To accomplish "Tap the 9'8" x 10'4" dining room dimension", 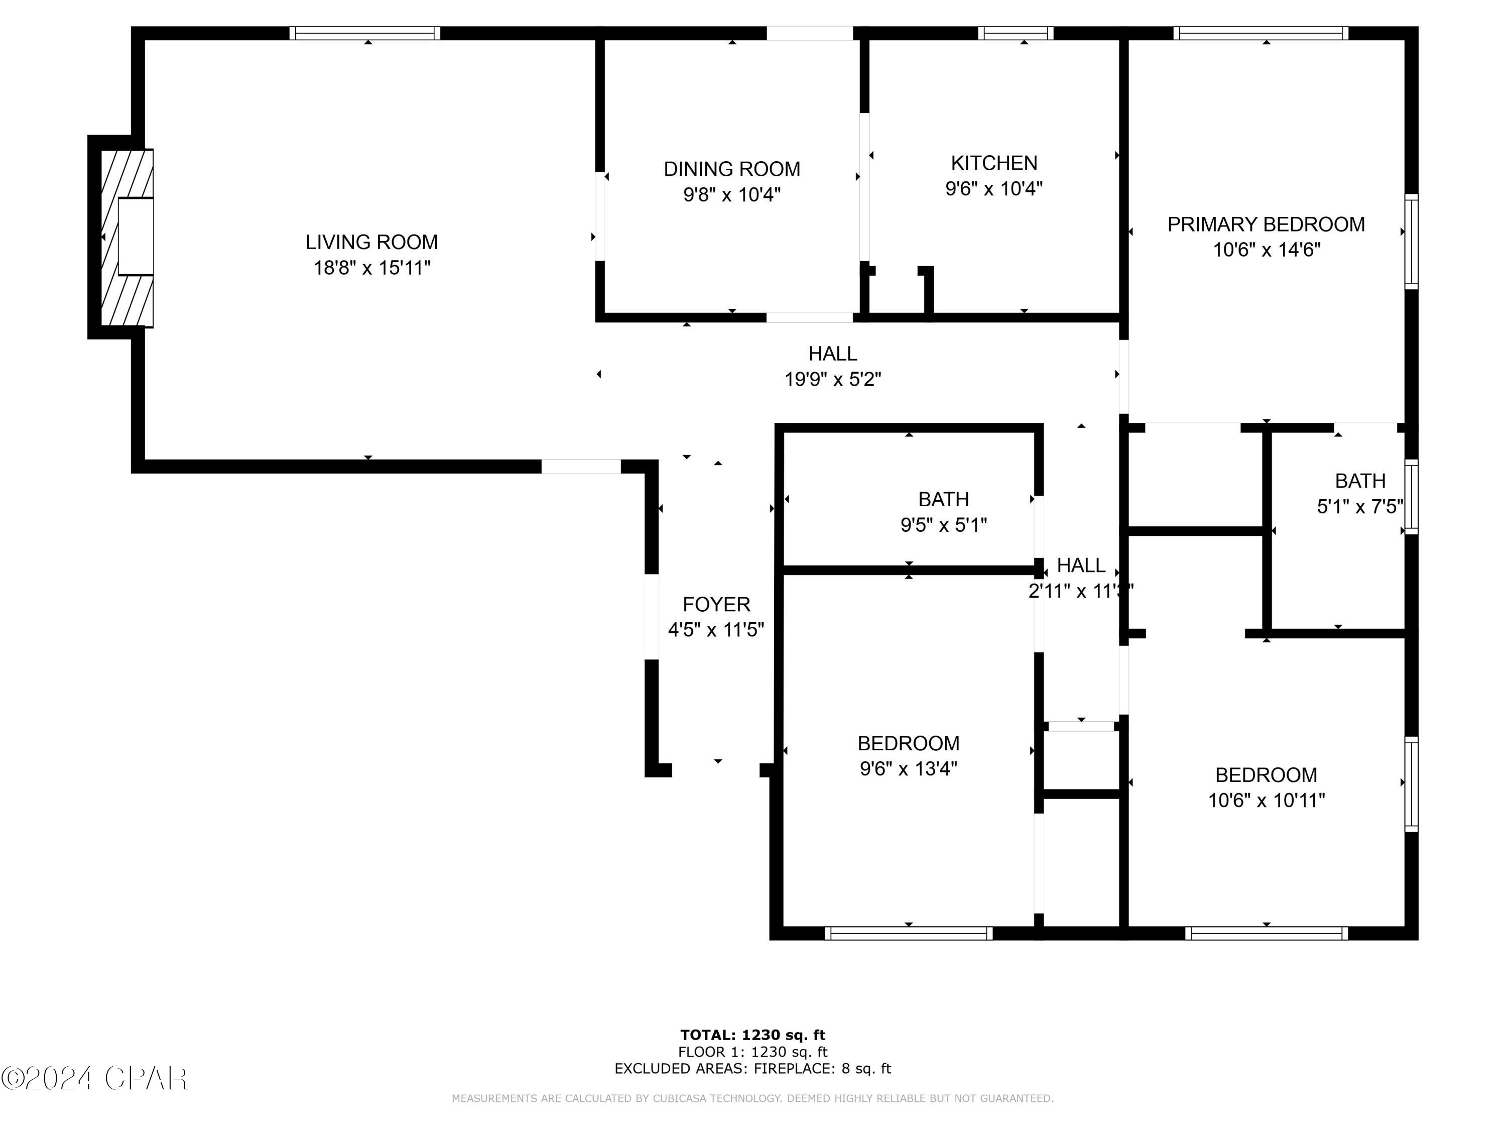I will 732,195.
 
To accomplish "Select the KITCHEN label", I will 993,163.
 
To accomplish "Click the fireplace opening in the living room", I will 136,237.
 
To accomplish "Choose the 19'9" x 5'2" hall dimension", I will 833,379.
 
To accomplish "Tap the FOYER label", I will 716,604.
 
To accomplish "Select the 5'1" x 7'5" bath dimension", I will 1359,507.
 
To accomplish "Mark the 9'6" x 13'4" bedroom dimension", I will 908,768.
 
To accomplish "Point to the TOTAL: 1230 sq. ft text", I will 752,1035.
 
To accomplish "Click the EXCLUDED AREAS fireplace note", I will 752,1068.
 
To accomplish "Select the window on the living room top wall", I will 365,33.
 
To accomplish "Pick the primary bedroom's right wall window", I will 1411,242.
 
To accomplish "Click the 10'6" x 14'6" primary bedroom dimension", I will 1266,250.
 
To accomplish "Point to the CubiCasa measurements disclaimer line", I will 752,1098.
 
